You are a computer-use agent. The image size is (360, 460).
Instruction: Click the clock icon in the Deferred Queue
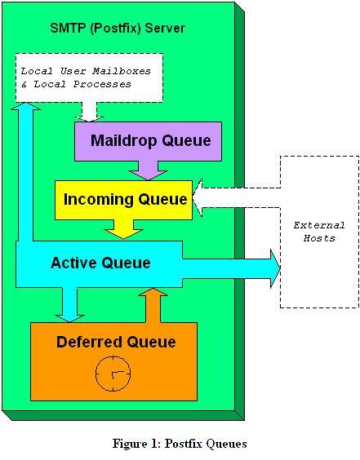[113, 374]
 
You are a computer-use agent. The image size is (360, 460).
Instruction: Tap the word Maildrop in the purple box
[124, 140]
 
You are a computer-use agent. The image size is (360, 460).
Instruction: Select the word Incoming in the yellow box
[99, 200]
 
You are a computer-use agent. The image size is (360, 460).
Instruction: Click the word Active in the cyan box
[73, 263]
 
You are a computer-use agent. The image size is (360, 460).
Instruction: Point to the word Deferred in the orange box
[89, 342]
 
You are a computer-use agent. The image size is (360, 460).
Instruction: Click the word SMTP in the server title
[69, 29]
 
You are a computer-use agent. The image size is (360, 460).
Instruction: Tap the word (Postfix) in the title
[116, 29]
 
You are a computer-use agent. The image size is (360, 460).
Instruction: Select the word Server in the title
[165, 29]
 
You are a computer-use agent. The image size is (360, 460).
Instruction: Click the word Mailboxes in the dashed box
[122, 71]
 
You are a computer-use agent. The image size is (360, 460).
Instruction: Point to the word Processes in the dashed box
[102, 84]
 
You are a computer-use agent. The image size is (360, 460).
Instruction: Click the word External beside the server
[319, 225]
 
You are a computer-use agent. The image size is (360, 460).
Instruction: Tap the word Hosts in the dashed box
[319, 238]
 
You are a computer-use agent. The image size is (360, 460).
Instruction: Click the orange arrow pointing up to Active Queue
[153, 305]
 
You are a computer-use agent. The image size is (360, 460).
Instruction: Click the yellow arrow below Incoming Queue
[123, 229]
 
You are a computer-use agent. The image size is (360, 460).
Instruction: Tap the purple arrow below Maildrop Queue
[149, 170]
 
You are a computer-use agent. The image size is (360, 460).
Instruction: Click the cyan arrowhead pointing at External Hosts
[275, 268]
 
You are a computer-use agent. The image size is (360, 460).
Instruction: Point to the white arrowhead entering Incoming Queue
[197, 198]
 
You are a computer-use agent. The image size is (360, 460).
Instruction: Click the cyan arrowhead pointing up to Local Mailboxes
[25, 106]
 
